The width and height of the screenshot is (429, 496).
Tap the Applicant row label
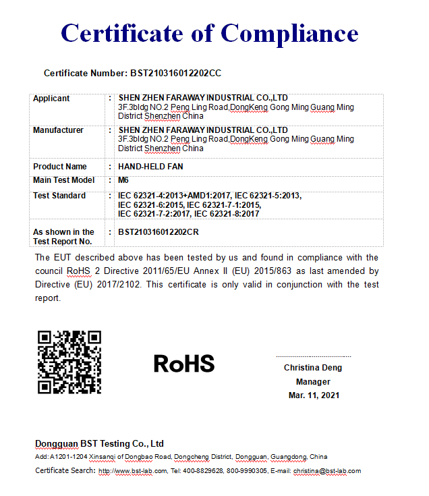pos(51,99)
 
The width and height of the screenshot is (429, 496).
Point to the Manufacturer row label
pos(58,130)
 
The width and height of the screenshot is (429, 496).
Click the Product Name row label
pos(59,167)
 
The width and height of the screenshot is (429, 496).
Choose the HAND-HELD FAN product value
pos(150,167)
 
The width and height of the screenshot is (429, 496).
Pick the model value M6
pos(123,181)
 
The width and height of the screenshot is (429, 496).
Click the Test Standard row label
pos(59,196)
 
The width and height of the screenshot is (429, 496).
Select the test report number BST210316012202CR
pos(159,232)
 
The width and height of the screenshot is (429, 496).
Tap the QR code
pos(69,362)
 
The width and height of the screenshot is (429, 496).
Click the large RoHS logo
pos(184,364)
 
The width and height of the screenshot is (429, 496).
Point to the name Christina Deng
pos(313,368)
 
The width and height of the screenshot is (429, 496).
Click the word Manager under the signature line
pos(313,382)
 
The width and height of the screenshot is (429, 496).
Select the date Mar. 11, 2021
pos(313,395)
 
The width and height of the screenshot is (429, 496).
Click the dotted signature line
pos(313,356)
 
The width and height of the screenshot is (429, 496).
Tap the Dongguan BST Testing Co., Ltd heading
pos(99,443)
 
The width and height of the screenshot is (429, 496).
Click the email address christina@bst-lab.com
pos(327,471)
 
